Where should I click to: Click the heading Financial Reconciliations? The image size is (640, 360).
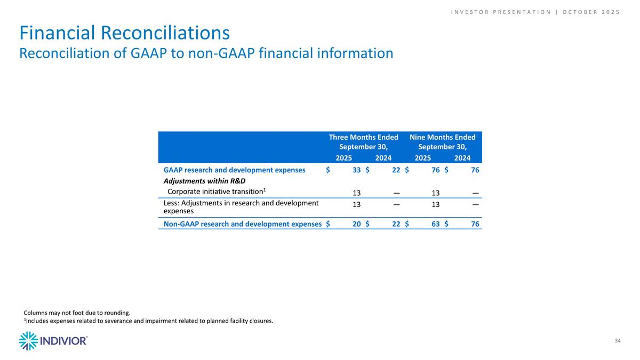125,33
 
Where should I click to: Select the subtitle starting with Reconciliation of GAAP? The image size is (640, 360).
206,53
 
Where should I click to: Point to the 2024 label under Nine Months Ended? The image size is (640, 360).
462,158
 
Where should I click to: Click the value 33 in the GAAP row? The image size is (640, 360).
356,170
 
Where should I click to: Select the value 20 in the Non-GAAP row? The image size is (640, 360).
356,224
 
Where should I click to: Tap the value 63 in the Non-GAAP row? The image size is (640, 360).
435,224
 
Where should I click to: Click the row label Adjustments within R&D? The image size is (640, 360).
204,181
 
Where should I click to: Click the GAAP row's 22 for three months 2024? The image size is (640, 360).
396,170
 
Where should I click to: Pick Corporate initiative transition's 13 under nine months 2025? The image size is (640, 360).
436,193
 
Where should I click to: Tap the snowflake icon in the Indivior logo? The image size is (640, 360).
28,341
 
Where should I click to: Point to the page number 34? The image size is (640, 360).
618,341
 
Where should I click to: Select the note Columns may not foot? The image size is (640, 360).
77,313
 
